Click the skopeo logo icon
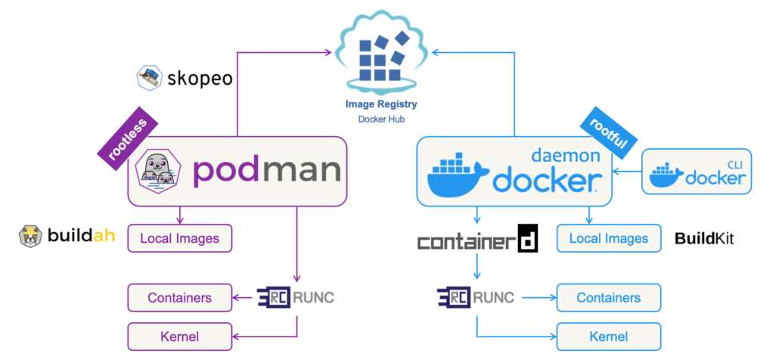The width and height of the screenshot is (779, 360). (150, 77)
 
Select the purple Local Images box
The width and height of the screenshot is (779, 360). (179, 238)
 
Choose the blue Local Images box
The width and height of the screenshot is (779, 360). (608, 238)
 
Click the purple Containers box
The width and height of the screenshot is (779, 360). (179, 297)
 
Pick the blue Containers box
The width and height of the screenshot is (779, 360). (608, 297)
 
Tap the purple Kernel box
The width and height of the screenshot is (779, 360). (179, 335)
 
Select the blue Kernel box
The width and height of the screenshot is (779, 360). (608, 335)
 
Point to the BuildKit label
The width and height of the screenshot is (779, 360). (704, 239)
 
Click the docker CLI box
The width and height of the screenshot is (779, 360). (697, 171)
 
